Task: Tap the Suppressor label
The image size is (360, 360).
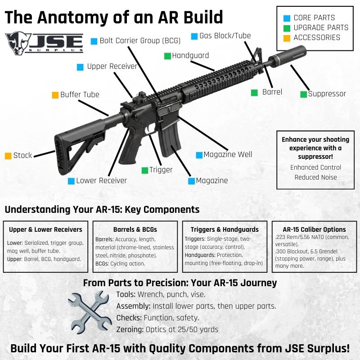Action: [327, 94]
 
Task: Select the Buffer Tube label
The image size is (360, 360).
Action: [80, 94]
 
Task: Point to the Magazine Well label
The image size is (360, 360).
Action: [228, 155]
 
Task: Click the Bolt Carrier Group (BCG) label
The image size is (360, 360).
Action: [140, 40]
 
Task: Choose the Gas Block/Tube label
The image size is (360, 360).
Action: [225, 36]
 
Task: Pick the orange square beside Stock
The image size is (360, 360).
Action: [8, 156]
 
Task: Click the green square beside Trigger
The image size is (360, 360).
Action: [145, 170]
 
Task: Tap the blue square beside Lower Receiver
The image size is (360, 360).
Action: [71, 181]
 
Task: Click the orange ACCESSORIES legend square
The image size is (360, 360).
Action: [287, 37]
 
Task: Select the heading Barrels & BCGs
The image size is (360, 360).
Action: [135, 229]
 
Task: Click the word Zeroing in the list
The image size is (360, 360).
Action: [130, 329]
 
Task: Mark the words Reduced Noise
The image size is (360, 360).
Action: [315, 177]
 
